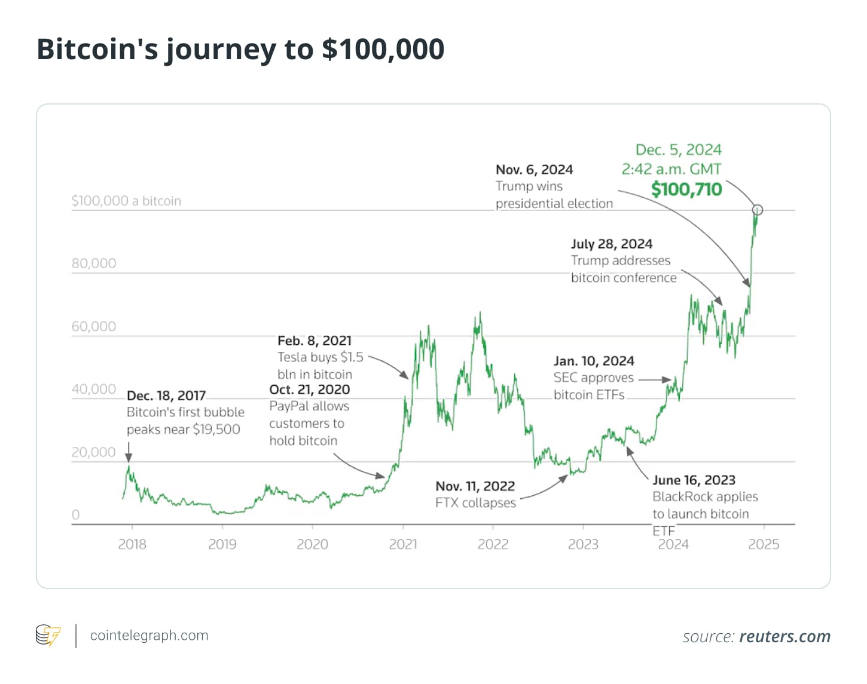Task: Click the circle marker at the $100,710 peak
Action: point(757,210)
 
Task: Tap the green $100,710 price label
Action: point(686,189)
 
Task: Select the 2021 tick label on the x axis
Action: point(402,544)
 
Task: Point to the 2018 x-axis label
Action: point(132,544)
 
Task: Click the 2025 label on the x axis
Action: point(764,544)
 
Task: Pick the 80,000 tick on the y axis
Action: point(94,263)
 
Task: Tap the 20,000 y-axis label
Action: point(94,452)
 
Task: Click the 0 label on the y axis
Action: point(75,515)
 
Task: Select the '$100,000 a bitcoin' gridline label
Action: point(126,201)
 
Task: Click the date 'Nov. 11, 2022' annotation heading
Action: point(475,486)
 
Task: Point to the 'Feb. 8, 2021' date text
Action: point(315,341)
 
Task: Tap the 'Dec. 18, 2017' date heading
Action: point(166,395)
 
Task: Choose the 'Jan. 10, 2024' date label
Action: point(594,361)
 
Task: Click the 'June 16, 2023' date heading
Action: point(694,480)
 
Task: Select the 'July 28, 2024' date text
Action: point(612,244)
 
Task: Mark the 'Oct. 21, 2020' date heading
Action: point(310,389)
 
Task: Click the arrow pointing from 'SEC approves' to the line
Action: point(655,379)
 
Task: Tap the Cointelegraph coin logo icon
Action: point(48,636)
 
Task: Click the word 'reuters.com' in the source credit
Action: point(784,637)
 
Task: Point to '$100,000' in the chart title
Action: point(383,49)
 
